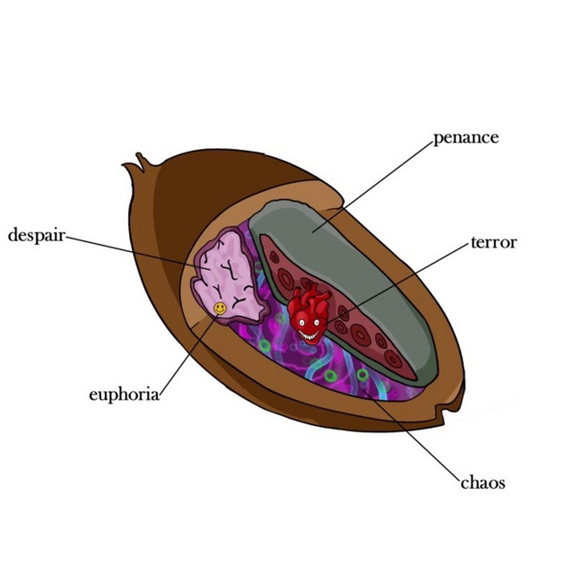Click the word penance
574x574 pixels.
465,138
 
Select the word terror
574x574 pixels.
494,242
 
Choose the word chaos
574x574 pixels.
483,483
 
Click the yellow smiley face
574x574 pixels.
220,308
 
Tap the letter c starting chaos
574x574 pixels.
465,483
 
